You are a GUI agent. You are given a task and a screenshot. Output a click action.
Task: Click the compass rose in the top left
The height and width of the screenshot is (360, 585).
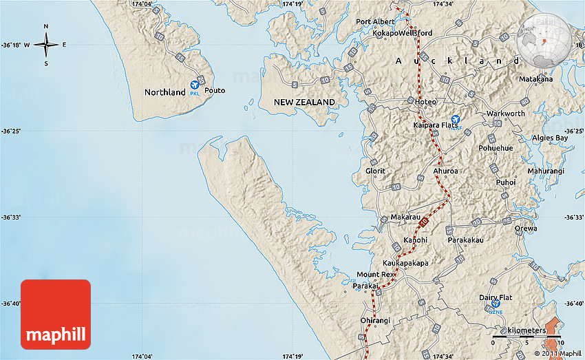pos(46,45)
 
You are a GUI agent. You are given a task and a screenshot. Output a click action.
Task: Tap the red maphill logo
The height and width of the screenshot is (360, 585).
pos(56,314)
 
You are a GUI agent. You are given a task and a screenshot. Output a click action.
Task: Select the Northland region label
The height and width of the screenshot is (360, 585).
pos(164,92)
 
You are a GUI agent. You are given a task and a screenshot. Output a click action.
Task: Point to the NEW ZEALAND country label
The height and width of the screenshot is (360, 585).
pos(304,102)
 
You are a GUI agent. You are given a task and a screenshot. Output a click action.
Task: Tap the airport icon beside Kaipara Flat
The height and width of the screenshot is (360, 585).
pos(455,120)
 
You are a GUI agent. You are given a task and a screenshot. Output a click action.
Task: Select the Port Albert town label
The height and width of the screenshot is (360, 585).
pos(375,21)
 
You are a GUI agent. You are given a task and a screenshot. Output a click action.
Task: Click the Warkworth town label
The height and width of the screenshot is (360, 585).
pos(505,114)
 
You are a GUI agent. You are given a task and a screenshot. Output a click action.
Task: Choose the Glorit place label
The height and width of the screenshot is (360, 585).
pos(376,171)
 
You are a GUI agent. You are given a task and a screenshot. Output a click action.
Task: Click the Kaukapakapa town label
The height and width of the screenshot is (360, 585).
pos(405,263)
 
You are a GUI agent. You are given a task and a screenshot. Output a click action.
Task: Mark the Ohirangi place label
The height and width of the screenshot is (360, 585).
pos(375,320)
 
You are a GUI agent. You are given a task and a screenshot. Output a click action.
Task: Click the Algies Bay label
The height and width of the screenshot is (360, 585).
pos(550,138)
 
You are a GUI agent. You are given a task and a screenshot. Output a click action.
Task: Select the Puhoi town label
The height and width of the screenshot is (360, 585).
pos(505,182)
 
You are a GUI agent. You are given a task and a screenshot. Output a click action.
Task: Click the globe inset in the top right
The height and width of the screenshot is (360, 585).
pos(544,39)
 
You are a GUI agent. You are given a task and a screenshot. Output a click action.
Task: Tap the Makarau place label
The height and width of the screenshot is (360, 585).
pos(405,217)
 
